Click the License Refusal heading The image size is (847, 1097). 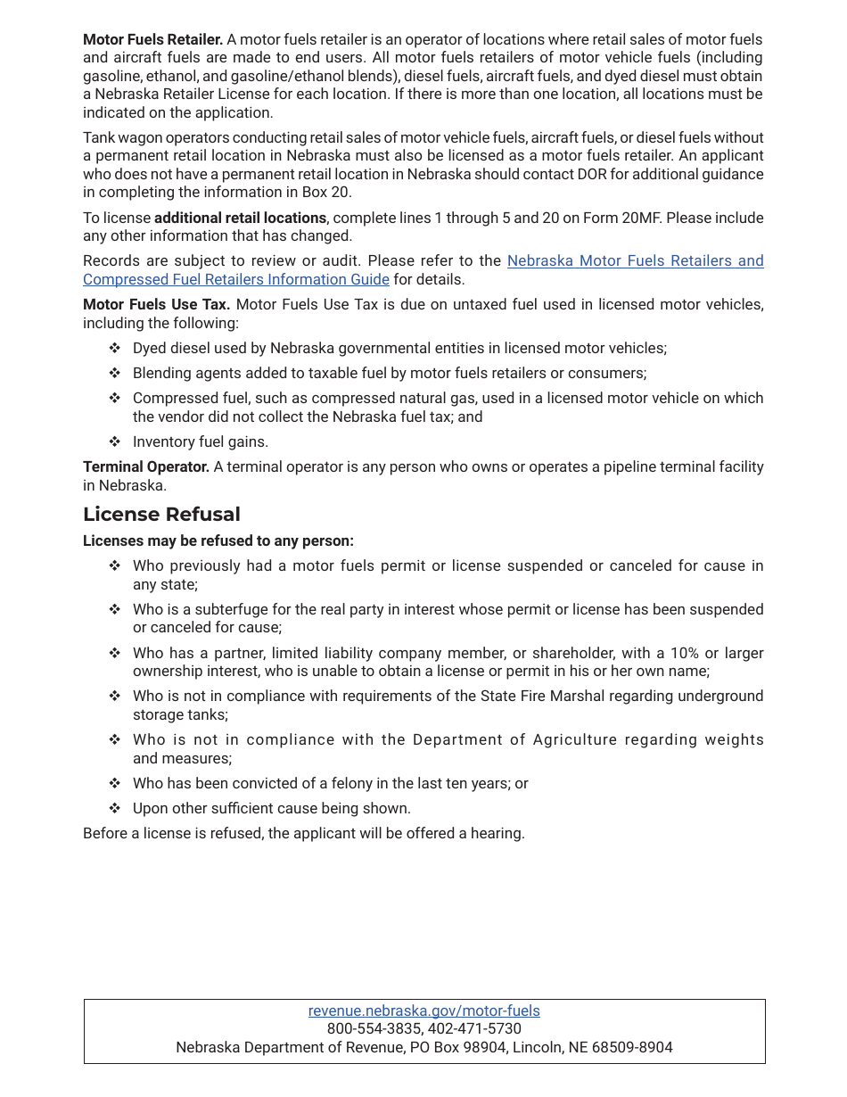coord(161,515)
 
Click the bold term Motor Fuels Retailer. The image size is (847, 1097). coord(152,39)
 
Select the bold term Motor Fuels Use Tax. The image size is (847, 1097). coord(156,304)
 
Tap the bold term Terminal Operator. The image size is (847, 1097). coord(145,466)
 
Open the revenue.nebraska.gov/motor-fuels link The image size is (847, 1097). coord(423,1010)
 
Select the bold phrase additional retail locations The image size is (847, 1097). coord(240,218)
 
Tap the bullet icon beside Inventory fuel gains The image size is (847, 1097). coord(114,441)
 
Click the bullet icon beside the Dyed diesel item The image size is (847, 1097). coord(114,348)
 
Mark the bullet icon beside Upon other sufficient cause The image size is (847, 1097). coord(114,808)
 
